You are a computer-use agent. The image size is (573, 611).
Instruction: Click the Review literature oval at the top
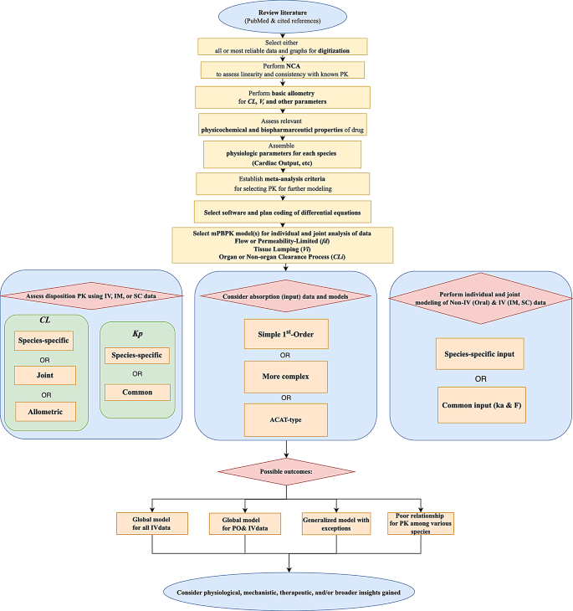pyautogui.click(x=287, y=17)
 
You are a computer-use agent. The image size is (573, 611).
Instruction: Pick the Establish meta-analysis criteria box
pyautogui.click(x=287, y=182)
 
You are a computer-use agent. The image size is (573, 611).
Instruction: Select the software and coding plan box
pyautogui.click(x=287, y=208)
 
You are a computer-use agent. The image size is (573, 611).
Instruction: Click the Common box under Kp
pyautogui.click(x=137, y=390)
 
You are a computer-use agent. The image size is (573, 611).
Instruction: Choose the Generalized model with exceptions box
pyautogui.click(x=335, y=524)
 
